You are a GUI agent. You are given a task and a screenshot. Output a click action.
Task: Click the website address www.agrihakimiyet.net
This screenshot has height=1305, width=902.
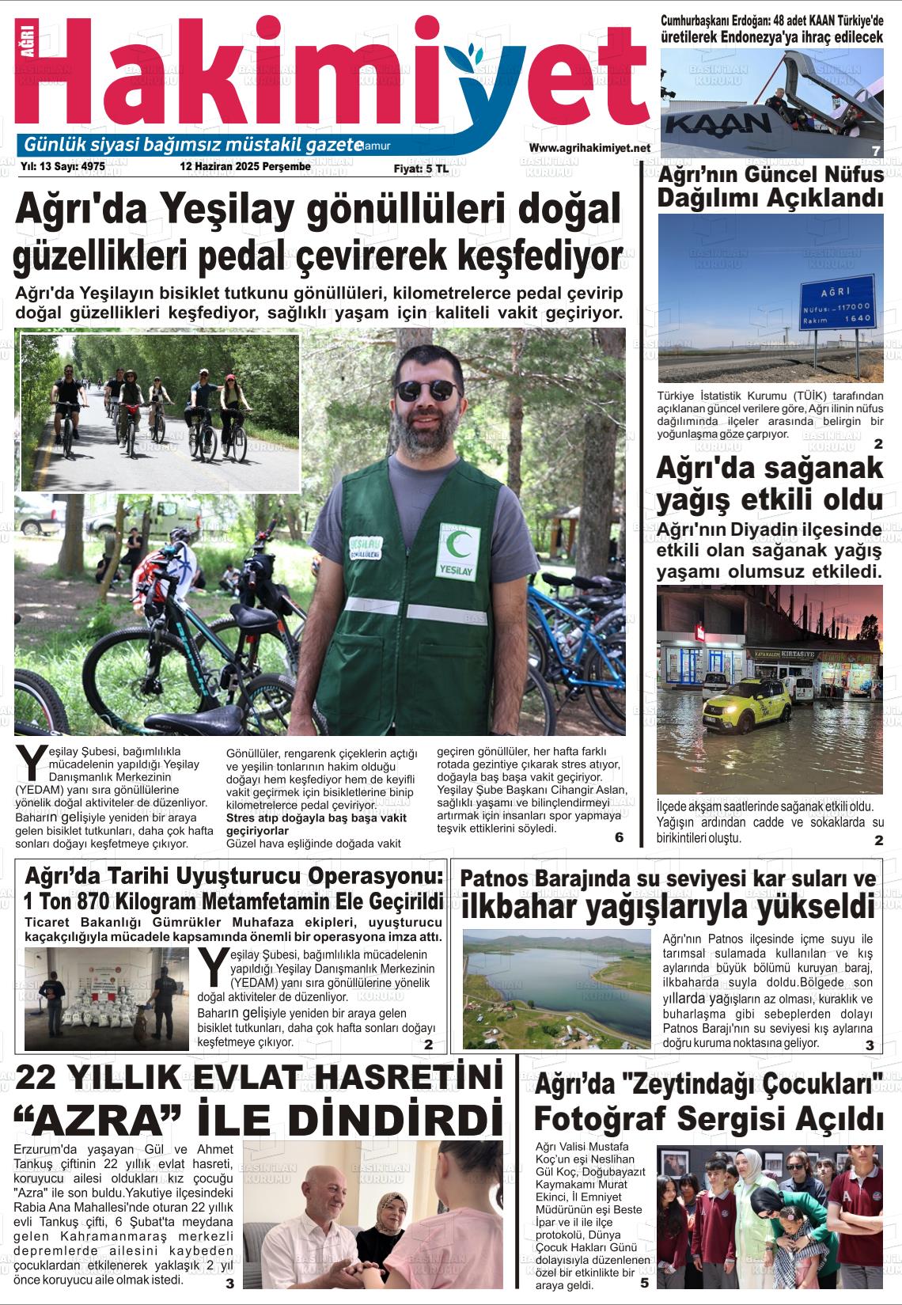[x=589, y=148]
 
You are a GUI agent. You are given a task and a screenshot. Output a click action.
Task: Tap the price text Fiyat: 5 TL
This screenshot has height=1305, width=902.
[x=421, y=169]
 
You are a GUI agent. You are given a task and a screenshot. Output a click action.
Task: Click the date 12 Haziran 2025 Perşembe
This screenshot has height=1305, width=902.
[x=245, y=167]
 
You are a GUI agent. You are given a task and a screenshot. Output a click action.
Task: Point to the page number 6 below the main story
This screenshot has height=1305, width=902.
[x=619, y=837]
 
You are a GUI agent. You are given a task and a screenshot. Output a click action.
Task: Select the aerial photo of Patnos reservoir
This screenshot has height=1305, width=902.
[x=556, y=989]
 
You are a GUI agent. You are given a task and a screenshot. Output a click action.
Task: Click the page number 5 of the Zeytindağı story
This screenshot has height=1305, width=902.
[x=644, y=1283]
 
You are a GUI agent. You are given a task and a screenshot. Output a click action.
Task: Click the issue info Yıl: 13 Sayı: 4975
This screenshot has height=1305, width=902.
[x=63, y=167]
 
